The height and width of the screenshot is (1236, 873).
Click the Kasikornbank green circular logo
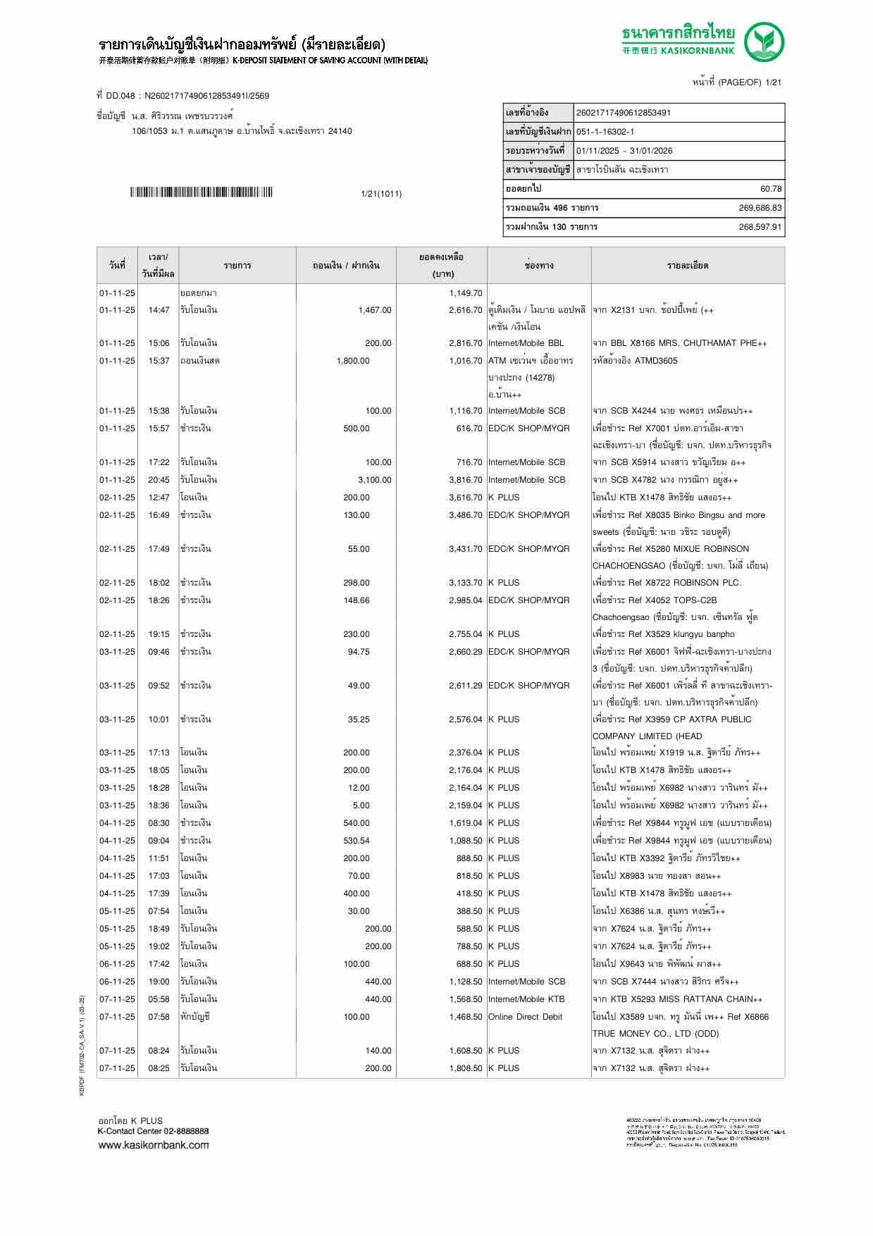(x=764, y=42)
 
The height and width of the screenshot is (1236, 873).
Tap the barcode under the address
(x=201, y=192)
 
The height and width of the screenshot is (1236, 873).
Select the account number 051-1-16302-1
(x=605, y=132)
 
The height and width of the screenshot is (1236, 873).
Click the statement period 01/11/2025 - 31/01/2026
(x=624, y=151)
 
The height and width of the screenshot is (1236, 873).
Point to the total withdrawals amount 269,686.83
(x=760, y=208)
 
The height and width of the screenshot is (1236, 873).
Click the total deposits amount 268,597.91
(x=760, y=227)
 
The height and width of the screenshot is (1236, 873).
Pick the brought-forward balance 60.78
(x=771, y=189)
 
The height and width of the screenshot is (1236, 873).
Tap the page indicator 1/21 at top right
(x=773, y=82)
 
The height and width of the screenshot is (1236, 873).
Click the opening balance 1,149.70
(x=465, y=293)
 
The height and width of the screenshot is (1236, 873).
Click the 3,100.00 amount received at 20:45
(x=374, y=480)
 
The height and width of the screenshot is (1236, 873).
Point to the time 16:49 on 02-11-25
(x=159, y=515)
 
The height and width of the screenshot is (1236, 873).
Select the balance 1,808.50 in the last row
(x=465, y=1068)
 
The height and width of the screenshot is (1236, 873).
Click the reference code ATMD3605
(x=656, y=361)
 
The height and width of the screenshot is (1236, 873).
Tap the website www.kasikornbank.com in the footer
(x=153, y=1144)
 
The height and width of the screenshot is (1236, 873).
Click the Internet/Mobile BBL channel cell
(x=526, y=343)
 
